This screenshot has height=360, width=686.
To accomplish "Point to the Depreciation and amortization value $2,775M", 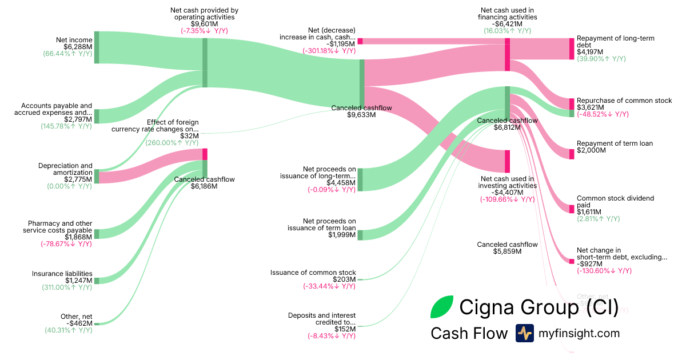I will click(x=78, y=179).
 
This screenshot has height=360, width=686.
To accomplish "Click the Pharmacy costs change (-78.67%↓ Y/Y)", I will click(x=66, y=244).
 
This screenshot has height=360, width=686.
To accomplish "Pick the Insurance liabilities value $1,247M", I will click(x=78, y=281).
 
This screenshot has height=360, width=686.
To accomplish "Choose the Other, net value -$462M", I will click(x=79, y=323).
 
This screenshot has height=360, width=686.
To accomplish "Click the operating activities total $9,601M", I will click(x=204, y=24).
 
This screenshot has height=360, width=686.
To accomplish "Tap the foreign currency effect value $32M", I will click(x=191, y=136).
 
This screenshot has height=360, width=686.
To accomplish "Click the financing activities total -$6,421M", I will click(x=507, y=24).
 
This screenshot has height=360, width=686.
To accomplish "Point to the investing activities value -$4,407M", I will click(x=507, y=193).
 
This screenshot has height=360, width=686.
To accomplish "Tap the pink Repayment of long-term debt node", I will click(x=571, y=49).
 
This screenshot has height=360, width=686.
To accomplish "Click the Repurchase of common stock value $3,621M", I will click(x=591, y=107).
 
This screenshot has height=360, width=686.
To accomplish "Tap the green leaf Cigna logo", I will click(x=442, y=307).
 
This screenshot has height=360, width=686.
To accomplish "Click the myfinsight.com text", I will click(x=579, y=333).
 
